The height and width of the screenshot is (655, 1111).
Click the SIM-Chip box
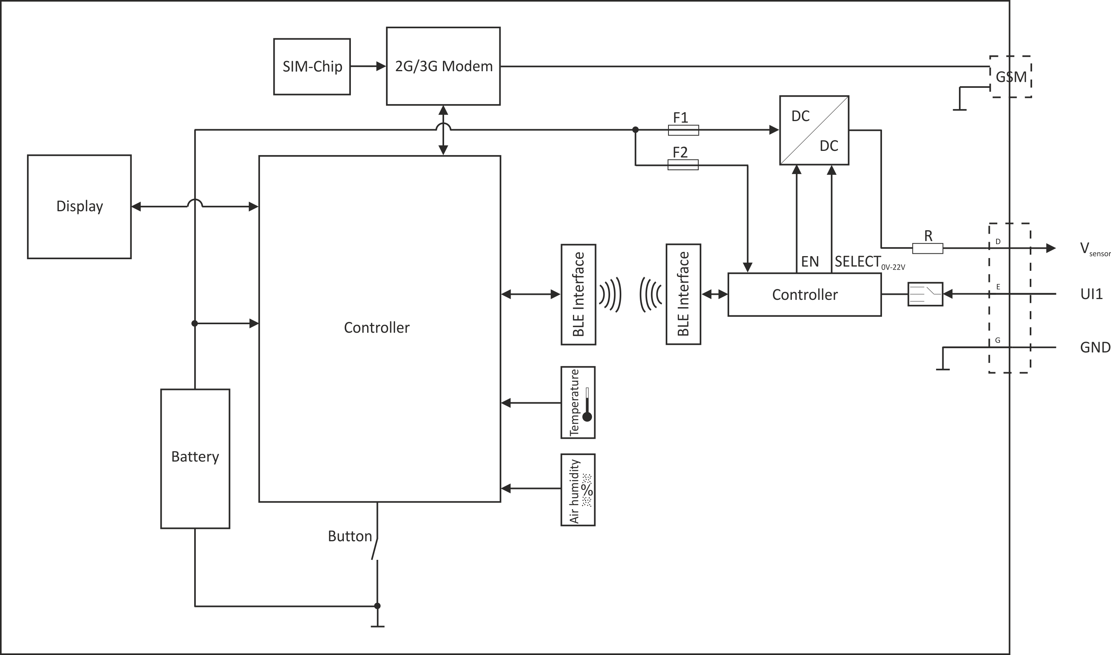tap(312, 67)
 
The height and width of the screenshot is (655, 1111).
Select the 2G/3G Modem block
tap(443, 66)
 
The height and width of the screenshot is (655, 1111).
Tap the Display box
tap(79, 207)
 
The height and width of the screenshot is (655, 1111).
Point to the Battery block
tap(195, 458)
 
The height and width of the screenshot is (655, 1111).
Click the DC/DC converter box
tap(814, 130)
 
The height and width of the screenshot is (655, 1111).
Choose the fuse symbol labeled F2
tap(683, 165)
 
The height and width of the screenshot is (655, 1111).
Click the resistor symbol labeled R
tap(928, 248)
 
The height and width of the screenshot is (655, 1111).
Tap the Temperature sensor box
tap(578, 402)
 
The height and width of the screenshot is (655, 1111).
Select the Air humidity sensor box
tap(578, 490)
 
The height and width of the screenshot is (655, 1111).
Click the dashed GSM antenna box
tap(1010, 77)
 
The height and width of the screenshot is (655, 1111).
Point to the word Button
tap(350, 536)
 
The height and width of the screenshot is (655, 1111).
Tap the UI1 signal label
tap(1092, 294)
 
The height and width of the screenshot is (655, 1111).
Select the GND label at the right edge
tap(1095, 348)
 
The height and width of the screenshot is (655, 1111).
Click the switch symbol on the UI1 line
tap(925, 294)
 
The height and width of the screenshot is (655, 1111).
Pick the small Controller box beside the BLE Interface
tap(804, 295)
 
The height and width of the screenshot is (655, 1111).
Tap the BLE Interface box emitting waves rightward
tap(578, 295)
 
